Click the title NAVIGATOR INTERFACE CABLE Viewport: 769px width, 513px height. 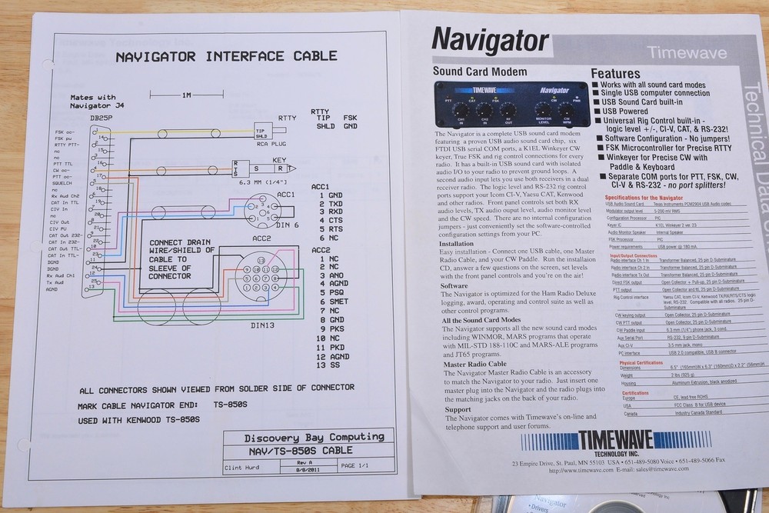pyautogui.click(x=226, y=56)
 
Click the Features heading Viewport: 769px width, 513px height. pyautogui.click(x=615, y=74)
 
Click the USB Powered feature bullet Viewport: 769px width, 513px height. pyautogui.click(x=628, y=111)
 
